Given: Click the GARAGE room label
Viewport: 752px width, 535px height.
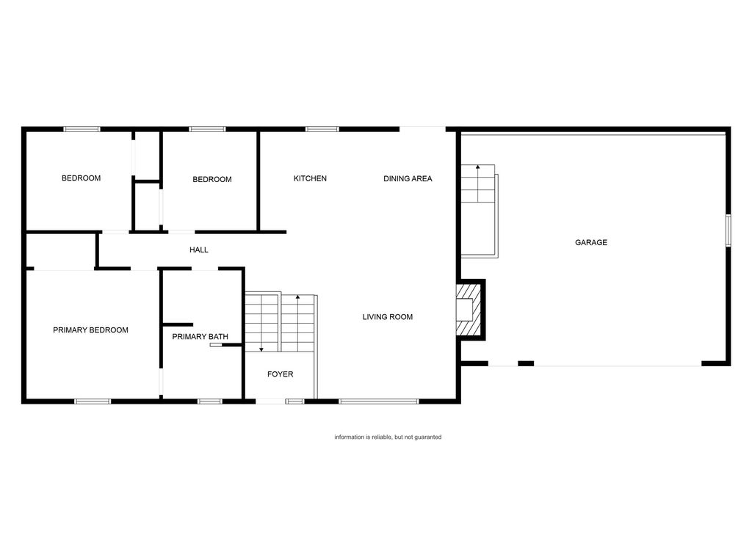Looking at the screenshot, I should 590,242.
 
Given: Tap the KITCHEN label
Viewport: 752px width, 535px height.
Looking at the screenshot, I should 310,178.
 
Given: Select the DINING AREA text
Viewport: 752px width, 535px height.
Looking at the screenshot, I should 408,178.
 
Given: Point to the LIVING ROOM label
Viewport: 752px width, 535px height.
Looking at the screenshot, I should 387,317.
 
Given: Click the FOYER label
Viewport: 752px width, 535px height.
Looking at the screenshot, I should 280,374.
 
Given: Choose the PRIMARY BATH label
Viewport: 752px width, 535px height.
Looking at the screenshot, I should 200,337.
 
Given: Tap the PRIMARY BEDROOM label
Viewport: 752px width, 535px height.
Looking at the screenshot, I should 90,330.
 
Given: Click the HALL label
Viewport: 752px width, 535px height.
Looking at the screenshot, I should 199,250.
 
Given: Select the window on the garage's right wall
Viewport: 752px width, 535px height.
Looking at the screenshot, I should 728,230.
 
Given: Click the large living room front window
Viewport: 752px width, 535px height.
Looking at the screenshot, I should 378,401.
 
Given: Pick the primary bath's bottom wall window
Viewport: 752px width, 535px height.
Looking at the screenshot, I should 210,401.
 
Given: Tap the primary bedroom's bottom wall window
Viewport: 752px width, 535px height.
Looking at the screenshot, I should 93,401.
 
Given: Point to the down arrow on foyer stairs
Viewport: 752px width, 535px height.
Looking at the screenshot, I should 261,348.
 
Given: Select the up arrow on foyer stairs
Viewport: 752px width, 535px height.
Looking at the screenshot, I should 297,298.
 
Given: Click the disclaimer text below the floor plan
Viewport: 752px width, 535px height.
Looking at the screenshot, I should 388,437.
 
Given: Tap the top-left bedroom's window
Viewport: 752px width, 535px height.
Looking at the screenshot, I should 82,129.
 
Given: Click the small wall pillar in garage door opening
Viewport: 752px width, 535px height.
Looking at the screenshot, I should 526,363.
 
